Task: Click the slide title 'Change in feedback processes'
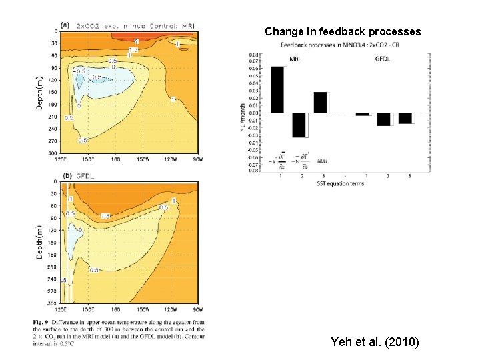[343, 31]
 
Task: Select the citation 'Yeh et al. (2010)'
[375, 342]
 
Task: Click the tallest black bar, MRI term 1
[277, 89]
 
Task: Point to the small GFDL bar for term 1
[362, 114]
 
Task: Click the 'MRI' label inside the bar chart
[295, 59]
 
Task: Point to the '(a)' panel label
[65, 25]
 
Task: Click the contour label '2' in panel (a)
[137, 41]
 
